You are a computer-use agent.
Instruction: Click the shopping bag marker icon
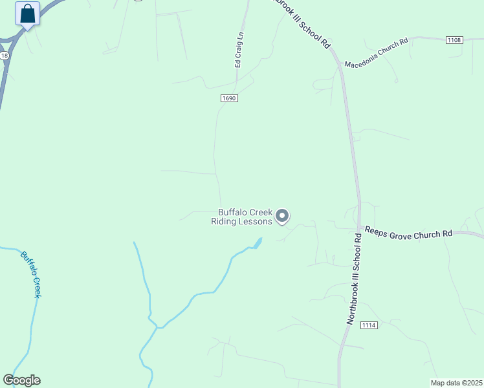tap(27, 14)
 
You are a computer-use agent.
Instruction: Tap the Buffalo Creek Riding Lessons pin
tap(282, 215)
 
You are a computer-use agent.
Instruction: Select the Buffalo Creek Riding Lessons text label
tap(242, 217)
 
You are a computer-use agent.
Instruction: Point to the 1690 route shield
tap(229, 98)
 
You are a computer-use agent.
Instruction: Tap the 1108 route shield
tap(454, 40)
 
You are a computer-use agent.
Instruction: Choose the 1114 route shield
tap(369, 325)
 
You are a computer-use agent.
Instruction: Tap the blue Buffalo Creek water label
tap(31, 274)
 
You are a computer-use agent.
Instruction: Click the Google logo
tap(21, 380)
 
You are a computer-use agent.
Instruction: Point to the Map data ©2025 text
tap(456, 383)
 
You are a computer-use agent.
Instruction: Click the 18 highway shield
tap(5, 56)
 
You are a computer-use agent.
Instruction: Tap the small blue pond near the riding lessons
tap(258, 243)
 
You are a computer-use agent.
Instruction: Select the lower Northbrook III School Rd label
tap(354, 279)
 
